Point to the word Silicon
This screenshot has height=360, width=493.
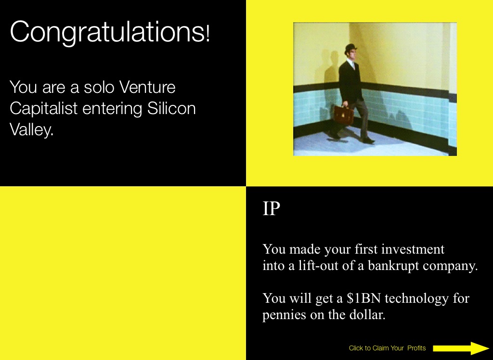171,108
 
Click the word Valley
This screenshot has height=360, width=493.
31,129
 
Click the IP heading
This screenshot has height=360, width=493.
271,208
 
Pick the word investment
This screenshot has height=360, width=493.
413,249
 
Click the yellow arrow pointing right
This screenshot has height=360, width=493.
461,348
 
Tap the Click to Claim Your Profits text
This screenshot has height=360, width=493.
388,348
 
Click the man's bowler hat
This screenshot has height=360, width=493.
350,49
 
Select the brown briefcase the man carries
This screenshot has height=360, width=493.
344,115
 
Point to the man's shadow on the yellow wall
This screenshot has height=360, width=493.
327,67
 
